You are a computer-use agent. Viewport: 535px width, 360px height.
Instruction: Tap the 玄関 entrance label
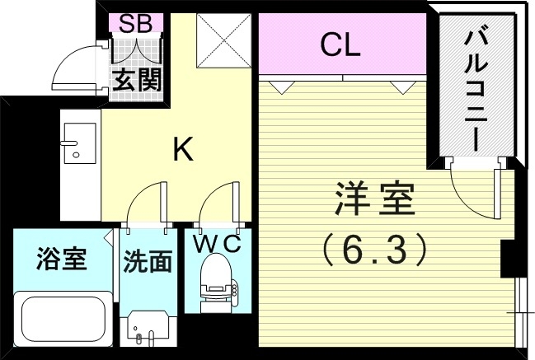(137, 81)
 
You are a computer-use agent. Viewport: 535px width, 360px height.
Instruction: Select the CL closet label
(340, 45)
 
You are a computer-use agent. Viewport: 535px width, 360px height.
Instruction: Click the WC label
(217, 244)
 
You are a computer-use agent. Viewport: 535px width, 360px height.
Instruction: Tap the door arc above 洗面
(143, 201)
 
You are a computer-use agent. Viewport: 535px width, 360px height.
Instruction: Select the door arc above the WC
(214, 201)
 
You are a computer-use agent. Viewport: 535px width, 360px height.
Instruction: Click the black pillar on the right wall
(509, 259)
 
